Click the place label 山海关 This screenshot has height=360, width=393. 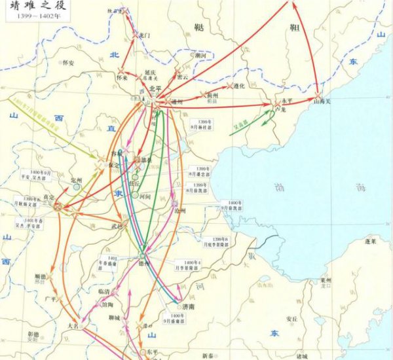324,102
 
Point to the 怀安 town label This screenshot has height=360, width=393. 67,63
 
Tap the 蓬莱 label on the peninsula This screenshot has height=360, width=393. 371,242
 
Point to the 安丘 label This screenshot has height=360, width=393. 293,319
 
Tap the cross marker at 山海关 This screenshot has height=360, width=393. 318,95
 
